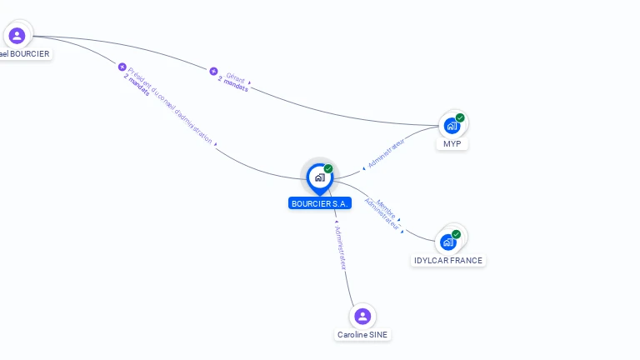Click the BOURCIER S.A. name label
tap(320, 203)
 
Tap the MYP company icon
tap(452, 126)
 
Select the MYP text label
tap(452, 144)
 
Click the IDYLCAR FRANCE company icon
tap(448, 242)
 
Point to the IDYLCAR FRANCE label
tap(448, 261)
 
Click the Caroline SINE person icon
tap(362, 317)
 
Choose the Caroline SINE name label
tap(362, 335)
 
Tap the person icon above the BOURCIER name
tap(17, 36)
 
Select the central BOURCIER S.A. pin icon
tap(319, 177)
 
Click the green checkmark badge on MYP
tap(460, 117)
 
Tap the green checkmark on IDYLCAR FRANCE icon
tap(457, 234)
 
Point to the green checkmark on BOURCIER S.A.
tap(328, 169)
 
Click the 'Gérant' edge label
tap(234, 77)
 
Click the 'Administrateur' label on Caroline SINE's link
tap(340, 247)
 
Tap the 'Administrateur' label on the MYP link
tap(387, 153)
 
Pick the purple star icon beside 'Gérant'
tap(213, 72)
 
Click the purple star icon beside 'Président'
tap(122, 67)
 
